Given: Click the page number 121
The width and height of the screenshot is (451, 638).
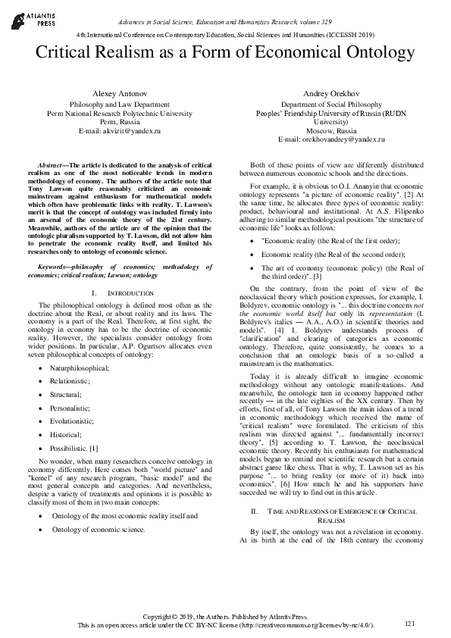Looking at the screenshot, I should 411,623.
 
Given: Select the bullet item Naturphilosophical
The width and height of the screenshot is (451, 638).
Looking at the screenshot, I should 81,346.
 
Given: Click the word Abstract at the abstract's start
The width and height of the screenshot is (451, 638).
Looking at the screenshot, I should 53,164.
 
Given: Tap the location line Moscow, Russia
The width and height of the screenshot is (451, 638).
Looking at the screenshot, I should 320,131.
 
